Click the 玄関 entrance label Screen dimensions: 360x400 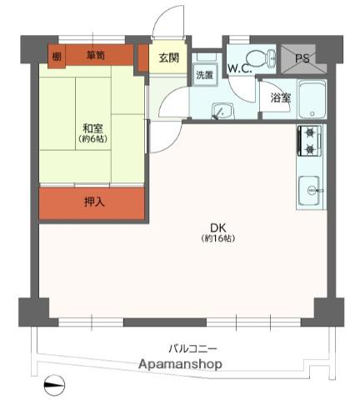168,57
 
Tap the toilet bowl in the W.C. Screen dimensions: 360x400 261,58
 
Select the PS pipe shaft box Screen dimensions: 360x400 303,59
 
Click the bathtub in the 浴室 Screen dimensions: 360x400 312,99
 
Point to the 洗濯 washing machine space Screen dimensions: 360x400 205,75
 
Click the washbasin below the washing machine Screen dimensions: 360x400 222,111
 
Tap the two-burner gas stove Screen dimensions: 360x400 310,141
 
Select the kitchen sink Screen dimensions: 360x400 309,190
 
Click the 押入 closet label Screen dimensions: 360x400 94,202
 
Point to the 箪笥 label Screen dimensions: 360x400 95,56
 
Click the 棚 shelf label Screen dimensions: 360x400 57,57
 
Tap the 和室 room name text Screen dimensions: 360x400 93,128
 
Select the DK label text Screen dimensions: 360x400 218,228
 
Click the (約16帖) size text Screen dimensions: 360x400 218,238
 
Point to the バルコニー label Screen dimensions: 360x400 193,348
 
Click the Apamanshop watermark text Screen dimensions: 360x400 180,363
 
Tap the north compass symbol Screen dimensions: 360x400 54,385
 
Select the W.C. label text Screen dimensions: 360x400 239,68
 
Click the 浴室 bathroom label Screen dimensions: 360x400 281,97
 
